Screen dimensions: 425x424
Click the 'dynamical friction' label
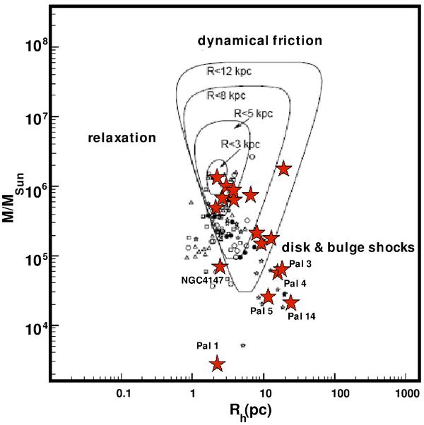pos(259,41)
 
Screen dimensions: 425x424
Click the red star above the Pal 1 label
pos(217,364)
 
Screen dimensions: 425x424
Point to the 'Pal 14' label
pos(301,316)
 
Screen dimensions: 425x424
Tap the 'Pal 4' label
pos(295,284)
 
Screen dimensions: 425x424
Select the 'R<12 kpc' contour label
pos(228,71)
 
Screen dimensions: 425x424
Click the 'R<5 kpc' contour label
pos(252,113)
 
